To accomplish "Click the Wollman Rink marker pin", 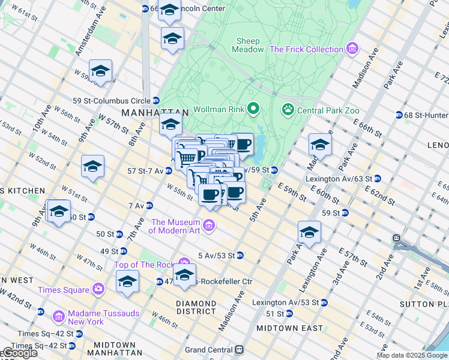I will [x=253, y=109].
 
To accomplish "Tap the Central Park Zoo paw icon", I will [x=288, y=109].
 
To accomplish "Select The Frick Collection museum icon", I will [x=352, y=49].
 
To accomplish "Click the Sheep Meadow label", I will [x=248, y=45].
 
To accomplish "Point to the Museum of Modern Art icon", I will [x=209, y=226].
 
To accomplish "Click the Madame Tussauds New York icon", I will [x=59, y=316].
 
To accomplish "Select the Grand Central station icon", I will [x=239, y=349].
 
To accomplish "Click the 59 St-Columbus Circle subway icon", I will [x=156, y=100].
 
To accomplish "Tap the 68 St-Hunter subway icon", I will [x=399, y=115].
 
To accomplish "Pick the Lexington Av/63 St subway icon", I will [x=377, y=178].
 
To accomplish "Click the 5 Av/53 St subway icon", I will [x=240, y=255].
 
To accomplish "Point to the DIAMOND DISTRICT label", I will [x=196, y=307].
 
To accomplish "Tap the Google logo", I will [x=19, y=353].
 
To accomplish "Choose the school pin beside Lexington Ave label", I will [x=309, y=232].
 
